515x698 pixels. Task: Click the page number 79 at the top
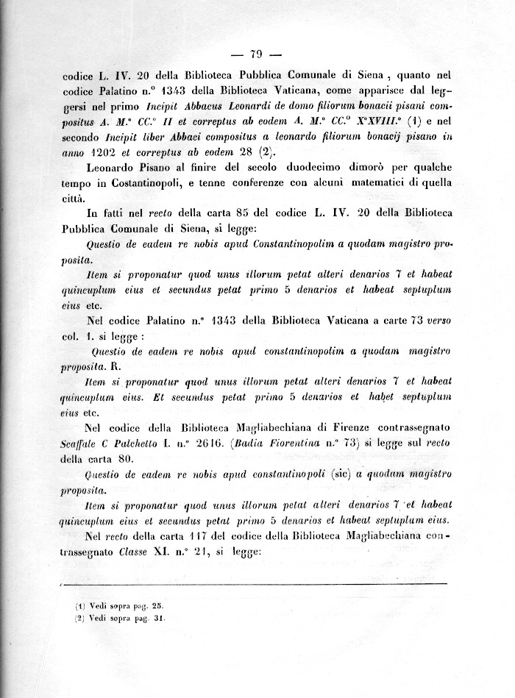tap(257, 53)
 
